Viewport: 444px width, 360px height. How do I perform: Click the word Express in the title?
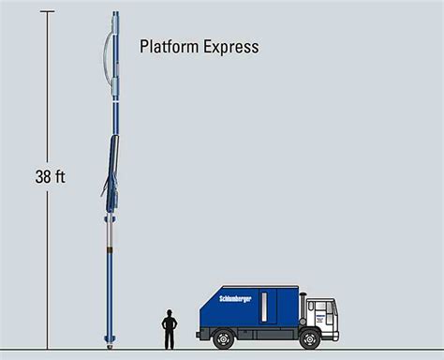(x=229, y=45)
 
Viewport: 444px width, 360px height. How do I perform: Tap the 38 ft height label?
(x=51, y=175)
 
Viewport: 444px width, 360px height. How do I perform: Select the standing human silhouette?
(x=170, y=328)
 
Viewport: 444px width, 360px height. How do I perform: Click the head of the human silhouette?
(x=170, y=312)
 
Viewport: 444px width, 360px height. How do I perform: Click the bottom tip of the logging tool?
(x=110, y=345)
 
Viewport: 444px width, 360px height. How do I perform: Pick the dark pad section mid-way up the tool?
(x=110, y=159)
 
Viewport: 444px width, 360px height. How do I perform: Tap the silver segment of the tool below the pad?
(x=110, y=225)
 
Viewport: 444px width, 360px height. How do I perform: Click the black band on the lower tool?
(x=110, y=251)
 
